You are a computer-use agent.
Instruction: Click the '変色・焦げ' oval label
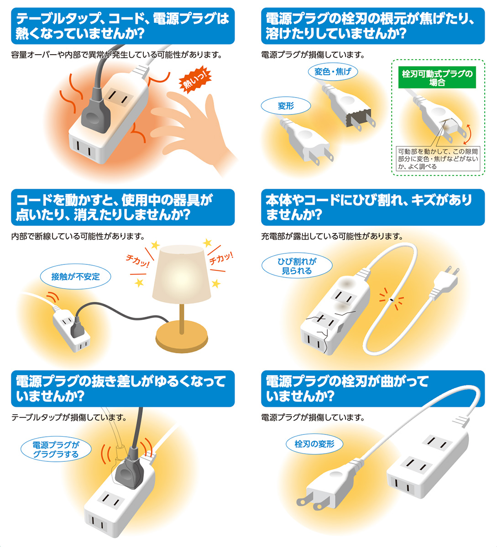pyautogui.click(x=333, y=72)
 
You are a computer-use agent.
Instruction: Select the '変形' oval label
pyautogui.click(x=286, y=106)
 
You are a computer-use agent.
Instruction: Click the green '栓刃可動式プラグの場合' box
pyautogui.click(x=437, y=78)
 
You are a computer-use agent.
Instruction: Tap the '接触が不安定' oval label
pyautogui.click(x=75, y=276)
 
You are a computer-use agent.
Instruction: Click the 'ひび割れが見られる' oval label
pyautogui.click(x=297, y=266)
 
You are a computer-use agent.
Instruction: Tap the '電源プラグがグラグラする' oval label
pyautogui.click(x=56, y=449)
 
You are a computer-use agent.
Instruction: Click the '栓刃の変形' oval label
pyautogui.click(x=314, y=444)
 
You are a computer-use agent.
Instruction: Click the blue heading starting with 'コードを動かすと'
pyautogui.click(x=123, y=207)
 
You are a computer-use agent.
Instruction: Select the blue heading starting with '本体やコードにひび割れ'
pyautogui.click(x=372, y=207)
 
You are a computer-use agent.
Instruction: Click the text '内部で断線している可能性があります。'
pyautogui.click(x=78, y=236)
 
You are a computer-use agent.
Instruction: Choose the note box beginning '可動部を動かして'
pyautogui.click(x=438, y=159)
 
